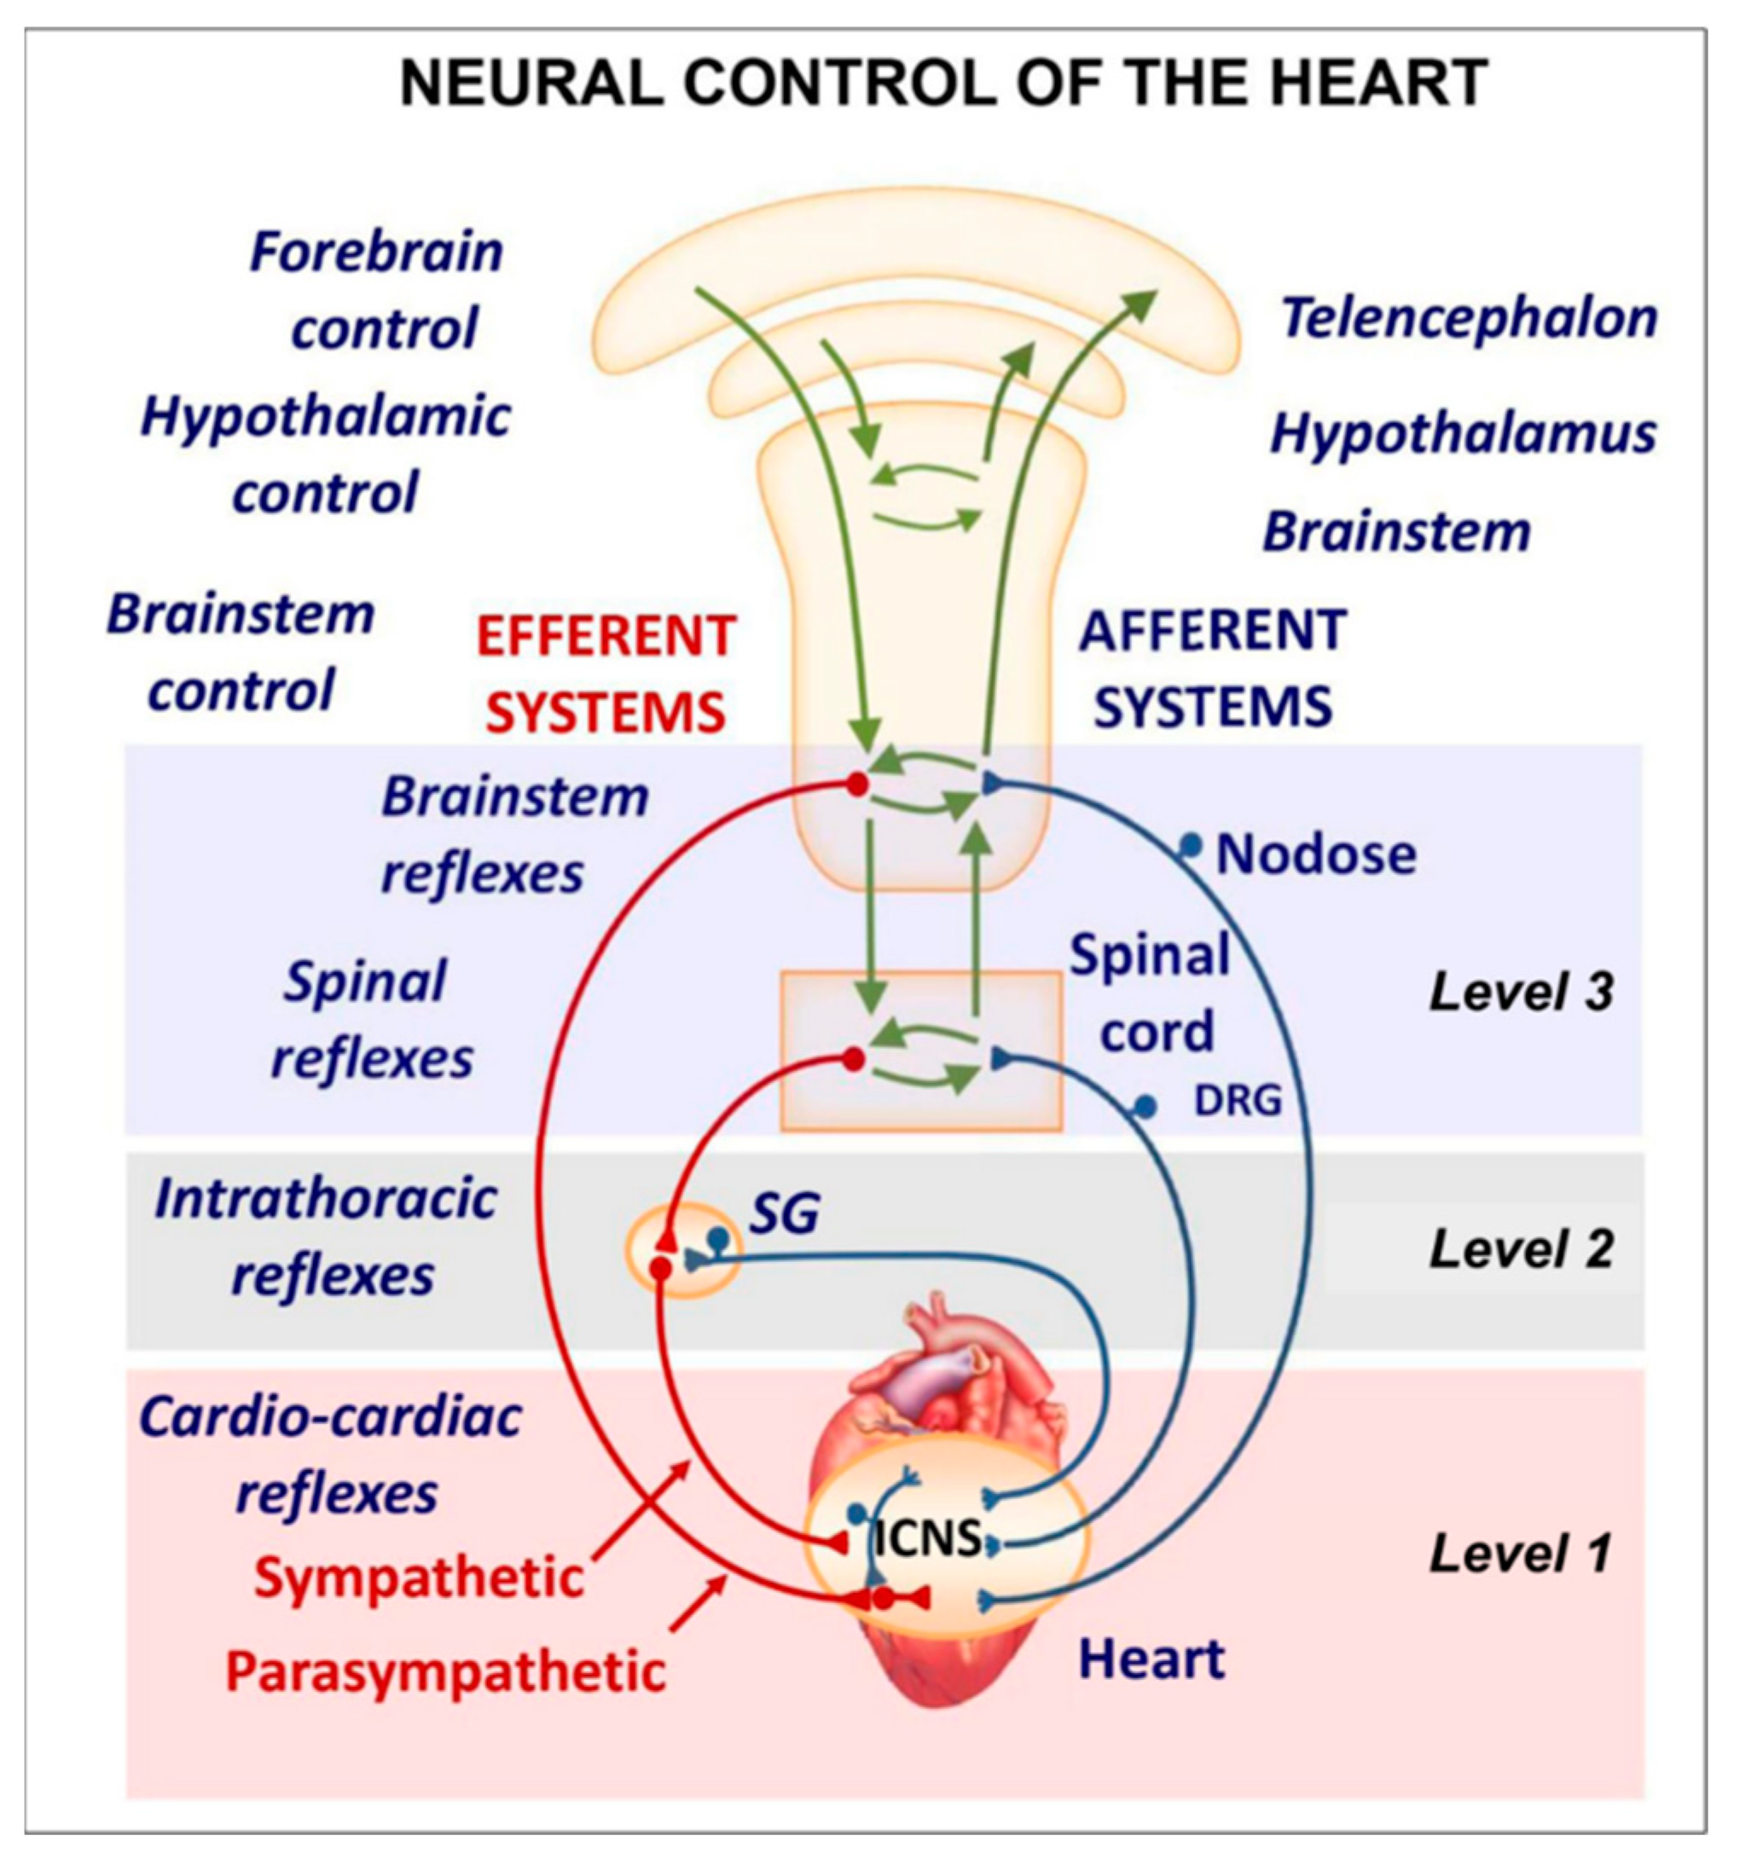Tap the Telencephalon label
1468,318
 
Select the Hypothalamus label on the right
1463,434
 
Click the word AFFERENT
1212,630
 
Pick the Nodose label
1315,855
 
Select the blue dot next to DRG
1145,1107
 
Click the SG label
783,1213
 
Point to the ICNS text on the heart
927,1540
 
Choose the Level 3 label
1521,993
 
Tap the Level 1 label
1519,1553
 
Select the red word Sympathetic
419,1578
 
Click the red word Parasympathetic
446,1671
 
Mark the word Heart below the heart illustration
1151,1659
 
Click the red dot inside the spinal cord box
854,1060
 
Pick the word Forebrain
376,252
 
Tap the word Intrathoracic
326,1199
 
